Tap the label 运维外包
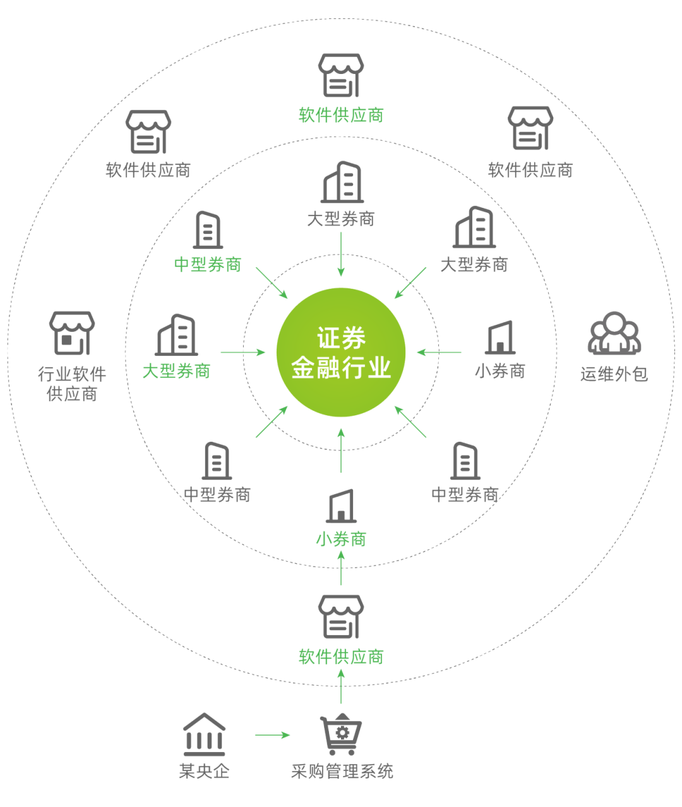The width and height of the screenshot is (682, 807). click(x=614, y=373)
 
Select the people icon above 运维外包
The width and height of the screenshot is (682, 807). click(x=614, y=333)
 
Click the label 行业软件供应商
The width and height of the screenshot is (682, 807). click(x=72, y=384)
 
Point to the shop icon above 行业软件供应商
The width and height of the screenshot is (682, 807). click(x=72, y=332)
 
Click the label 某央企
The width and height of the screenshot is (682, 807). click(x=203, y=772)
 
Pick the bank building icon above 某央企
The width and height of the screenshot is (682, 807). click(x=203, y=734)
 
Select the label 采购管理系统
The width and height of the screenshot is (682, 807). click(x=342, y=772)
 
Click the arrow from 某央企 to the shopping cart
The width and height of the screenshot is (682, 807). click(x=272, y=735)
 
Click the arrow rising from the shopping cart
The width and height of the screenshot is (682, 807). click(x=341, y=686)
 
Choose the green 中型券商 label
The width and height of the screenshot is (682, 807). click(x=208, y=264)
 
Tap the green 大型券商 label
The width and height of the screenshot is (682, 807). click(x=176, y=370)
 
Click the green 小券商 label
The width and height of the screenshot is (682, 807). click(x=341, y=539)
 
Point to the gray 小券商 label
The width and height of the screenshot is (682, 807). click(x=500, y=370)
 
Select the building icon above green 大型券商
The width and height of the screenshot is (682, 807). click(x=176, y=335)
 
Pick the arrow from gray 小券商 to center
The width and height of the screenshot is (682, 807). click(x=440, y=352)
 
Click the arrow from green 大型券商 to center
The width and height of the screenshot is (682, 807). click(x=243, y=352)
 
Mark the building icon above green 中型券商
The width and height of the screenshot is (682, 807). click(x=208, y=229)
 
